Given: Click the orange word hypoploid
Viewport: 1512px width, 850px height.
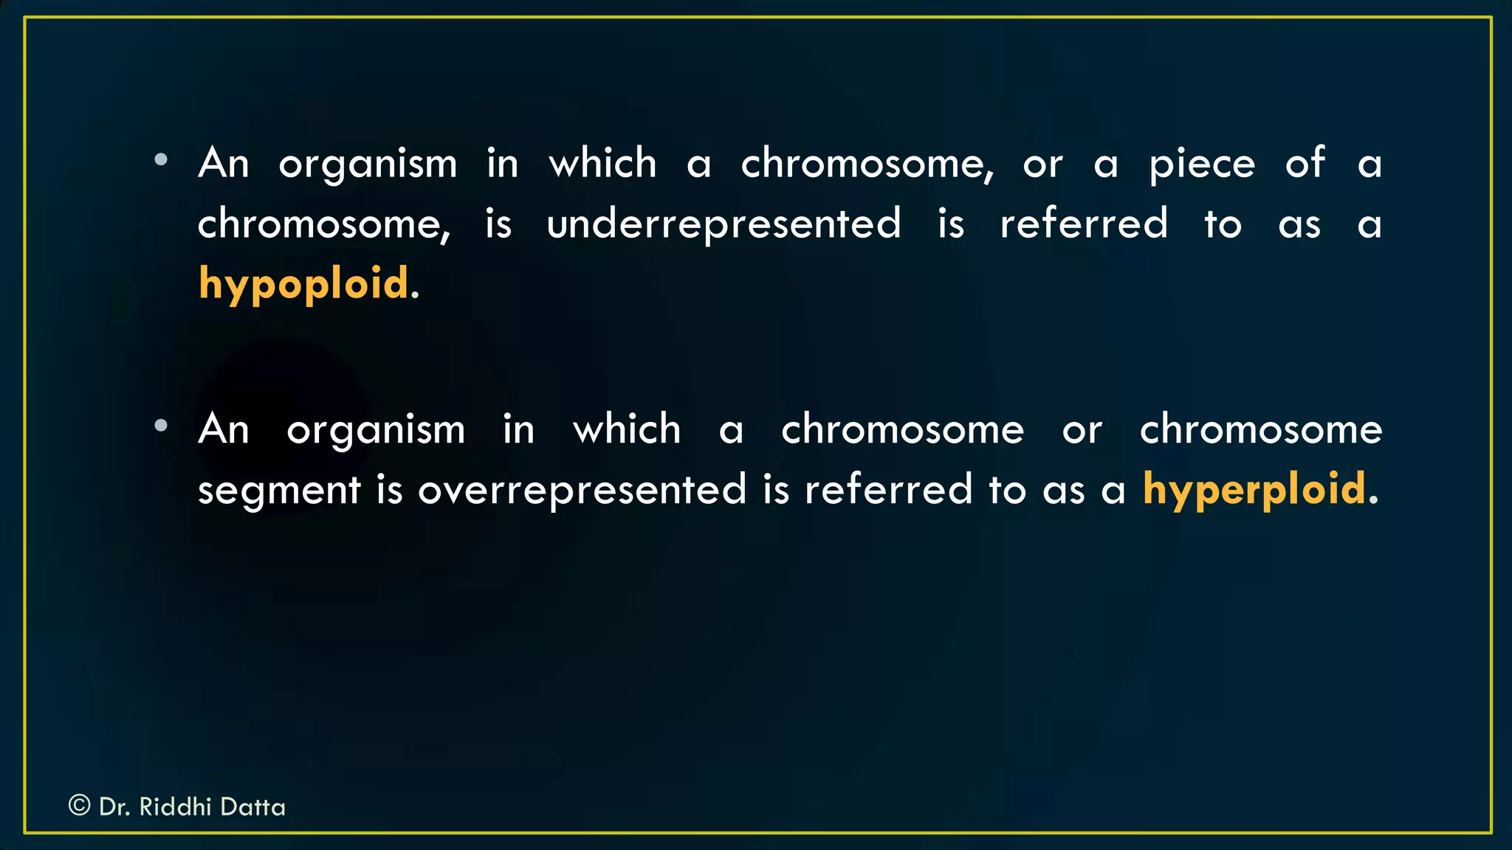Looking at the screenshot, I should [303, 284].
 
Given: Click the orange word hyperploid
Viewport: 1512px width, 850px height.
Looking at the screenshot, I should [1254, 490].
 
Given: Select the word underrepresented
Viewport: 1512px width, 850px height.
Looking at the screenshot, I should [724, 224].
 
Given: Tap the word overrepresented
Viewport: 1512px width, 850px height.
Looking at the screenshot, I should [582, 490].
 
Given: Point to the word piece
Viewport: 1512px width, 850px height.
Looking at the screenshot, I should [1202, 164].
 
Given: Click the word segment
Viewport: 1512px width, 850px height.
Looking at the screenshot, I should [279, 491].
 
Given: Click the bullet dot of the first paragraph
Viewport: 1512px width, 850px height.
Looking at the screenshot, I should [161, 159].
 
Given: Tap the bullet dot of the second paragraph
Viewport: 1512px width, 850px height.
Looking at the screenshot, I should [161, 425].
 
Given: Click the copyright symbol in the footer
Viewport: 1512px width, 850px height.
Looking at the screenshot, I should [79, 805].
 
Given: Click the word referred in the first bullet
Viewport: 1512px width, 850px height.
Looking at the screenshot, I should [1084, 224].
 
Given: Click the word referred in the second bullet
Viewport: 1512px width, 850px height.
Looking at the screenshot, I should [888, 490].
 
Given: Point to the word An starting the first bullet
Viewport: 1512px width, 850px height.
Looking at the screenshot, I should [224, 163].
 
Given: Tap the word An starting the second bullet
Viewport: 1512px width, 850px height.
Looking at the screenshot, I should [224, 429].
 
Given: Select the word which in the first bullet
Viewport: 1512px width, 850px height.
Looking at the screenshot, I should [602, 163].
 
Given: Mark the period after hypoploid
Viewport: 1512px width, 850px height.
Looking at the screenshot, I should [415, 296].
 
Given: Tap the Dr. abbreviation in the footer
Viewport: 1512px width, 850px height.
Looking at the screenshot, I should [114, 806].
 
